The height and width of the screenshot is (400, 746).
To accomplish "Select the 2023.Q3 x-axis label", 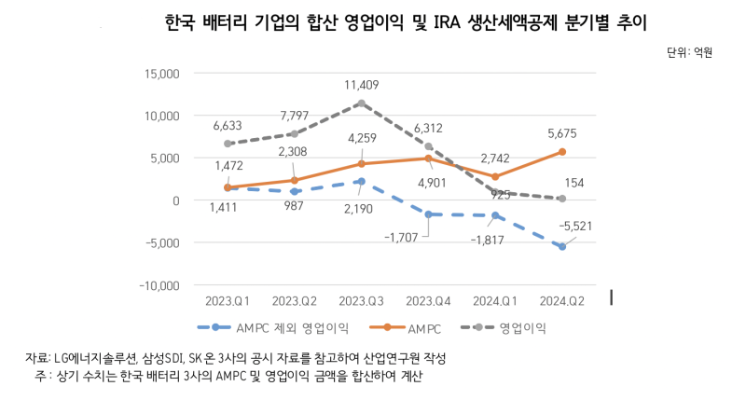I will click(361, 302).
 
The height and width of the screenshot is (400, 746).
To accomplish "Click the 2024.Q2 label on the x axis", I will click(562, 302).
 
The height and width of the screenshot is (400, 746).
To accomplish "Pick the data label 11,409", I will click(361, 86).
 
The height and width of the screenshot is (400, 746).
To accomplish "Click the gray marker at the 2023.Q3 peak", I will click(361, 103).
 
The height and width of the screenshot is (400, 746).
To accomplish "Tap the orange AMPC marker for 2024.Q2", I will click(562, 152).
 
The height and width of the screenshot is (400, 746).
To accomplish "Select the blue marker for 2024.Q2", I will click(562, 247).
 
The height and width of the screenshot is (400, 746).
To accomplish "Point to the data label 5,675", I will click(562, 131).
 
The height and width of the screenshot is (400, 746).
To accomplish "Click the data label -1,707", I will click(404, 239).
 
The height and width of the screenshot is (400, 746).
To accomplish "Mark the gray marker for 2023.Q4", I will click(428, 146).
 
